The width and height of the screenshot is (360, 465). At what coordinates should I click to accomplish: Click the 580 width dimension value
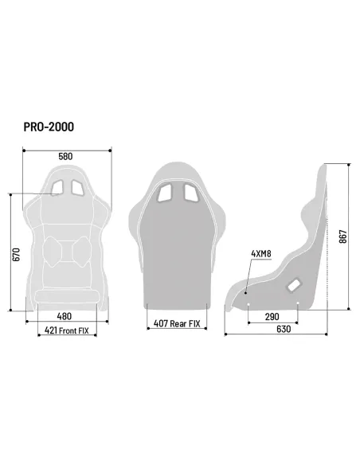click(x=65, y=157)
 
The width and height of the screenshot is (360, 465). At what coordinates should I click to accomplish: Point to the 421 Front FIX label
click(x=66, y=330)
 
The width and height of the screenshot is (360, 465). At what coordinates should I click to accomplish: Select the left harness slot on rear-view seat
click(x=166, y=193)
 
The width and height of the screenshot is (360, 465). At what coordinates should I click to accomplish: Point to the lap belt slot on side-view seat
click(x=293, y=282)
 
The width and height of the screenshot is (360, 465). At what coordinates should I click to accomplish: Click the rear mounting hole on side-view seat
click(x=297, y=303)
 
